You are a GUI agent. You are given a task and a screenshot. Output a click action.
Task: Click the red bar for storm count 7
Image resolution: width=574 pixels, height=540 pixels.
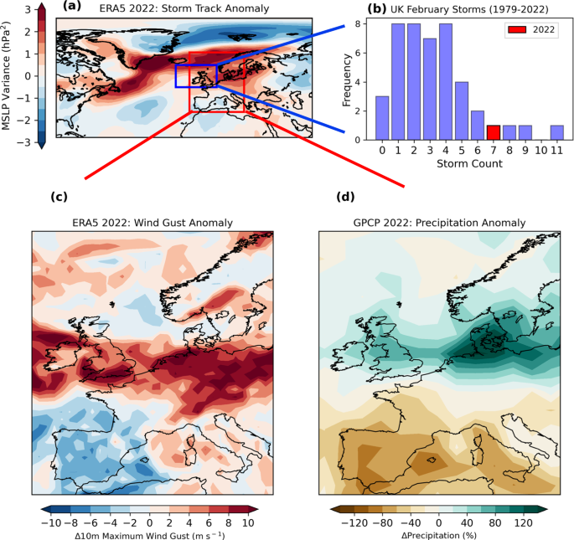click(493, 132)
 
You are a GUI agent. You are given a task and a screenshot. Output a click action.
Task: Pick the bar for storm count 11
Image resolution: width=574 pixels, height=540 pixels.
click(557, 132)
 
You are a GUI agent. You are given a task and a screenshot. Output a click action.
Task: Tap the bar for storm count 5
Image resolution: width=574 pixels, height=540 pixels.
click(462, 110)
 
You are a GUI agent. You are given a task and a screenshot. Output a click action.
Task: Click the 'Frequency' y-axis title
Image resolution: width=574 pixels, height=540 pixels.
click(348, 80)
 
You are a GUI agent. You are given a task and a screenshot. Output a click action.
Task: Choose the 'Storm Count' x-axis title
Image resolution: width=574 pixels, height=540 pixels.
click(469, 163)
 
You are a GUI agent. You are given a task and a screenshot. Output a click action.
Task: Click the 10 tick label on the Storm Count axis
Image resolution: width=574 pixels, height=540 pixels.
click(540, 151)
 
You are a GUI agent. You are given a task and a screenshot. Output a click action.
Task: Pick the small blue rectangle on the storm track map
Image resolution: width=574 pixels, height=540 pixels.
click(196, 76)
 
